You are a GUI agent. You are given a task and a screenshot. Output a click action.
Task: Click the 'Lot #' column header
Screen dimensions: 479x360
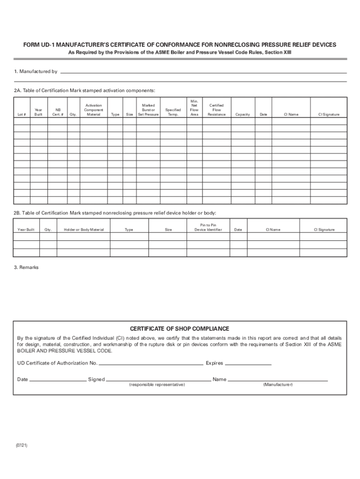click(x=22, y=115)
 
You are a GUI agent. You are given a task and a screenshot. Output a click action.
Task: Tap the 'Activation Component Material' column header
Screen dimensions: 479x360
click(x=94, y=110)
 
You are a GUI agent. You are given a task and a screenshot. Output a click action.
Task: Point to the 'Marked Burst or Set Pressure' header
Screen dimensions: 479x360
click(x=148, y=110)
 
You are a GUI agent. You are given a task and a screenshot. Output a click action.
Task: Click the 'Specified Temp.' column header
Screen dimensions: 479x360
click(x=173, y=112)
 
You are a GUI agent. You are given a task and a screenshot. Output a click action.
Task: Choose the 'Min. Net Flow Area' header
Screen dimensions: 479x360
click(x=194, y=108)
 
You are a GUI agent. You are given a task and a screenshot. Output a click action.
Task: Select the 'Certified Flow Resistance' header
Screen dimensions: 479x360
click(x=216, y=110)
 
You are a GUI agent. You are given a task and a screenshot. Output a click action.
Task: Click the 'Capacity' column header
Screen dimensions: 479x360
click(x=243, y=115)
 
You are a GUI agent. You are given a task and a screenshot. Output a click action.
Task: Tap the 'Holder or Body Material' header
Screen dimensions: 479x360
click(x=84, y=230)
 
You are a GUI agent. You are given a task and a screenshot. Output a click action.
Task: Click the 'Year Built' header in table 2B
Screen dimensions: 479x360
click(x=26, y=230)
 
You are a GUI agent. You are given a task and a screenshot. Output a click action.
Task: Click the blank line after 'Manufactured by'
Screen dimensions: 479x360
click(x=203, y=73)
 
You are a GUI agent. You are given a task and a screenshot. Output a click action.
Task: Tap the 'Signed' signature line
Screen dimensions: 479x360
click(x=158, y=380)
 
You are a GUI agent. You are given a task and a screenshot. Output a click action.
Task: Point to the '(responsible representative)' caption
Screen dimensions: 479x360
click(x=157, y=385)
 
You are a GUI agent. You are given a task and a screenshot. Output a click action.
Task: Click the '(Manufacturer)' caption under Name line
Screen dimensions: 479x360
click(x=278, y=385)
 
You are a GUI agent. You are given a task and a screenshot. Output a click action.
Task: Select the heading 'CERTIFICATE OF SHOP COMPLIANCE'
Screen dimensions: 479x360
click(x=180, y=328)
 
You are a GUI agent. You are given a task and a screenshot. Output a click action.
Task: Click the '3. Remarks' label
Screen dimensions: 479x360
click(x=26, y=268)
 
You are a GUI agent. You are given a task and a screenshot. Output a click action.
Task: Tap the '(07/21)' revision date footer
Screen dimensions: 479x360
click(x=21, y=446)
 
